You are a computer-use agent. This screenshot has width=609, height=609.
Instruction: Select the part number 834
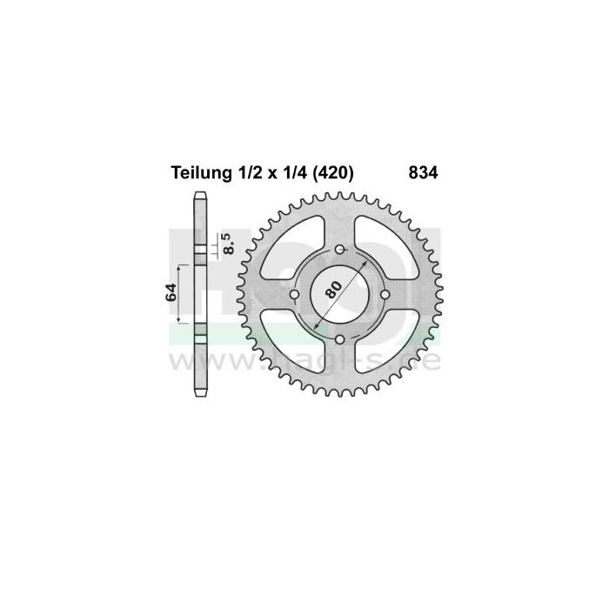(x=423, y=173)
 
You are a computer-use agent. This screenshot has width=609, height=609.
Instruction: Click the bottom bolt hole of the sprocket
(x=340, y=340)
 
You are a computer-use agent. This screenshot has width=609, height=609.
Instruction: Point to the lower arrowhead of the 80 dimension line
(x=319, y=327)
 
